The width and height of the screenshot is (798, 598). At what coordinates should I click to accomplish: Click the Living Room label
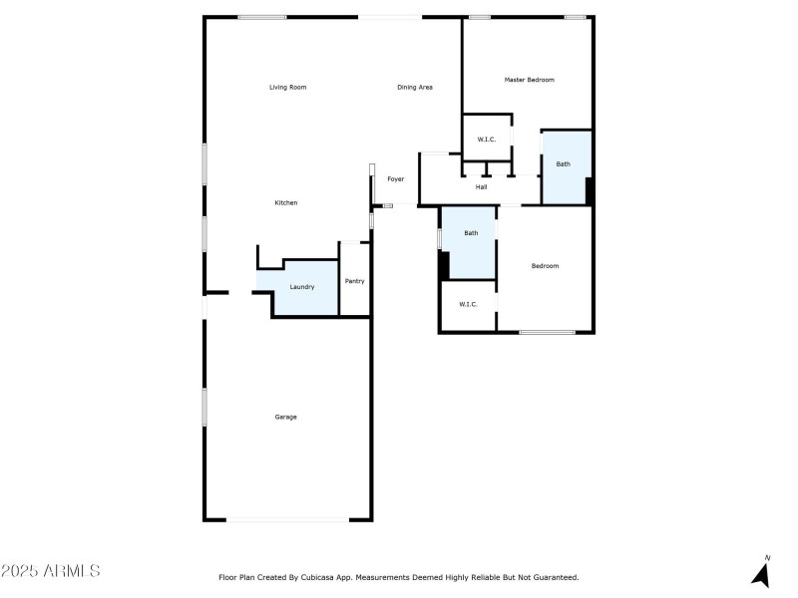coord(287,88)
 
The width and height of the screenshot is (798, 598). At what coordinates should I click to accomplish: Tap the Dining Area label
coord(415,88)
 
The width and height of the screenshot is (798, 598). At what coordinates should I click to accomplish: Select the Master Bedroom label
coord(529,80)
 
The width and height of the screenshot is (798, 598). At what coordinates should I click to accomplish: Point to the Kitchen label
coord(286,203)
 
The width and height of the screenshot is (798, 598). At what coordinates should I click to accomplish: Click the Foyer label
coord(396,179)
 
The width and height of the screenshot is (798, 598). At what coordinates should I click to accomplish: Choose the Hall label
coord(481,187)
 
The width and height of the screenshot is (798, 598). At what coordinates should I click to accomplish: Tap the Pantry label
coord(355,281)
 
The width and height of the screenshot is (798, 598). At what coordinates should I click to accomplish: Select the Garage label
coord(286,417)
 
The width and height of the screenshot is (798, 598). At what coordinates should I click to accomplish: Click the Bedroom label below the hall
coord(545,266)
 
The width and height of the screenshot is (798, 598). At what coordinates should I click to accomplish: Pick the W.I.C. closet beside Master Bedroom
coord(487,140)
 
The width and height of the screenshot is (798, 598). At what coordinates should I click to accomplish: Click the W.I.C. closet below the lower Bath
coord(469,305)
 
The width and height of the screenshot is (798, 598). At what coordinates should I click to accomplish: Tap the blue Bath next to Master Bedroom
coord(564,164)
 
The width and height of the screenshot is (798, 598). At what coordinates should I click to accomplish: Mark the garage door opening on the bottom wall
coord(287,519)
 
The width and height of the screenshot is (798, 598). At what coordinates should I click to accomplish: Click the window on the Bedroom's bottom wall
coord(547,332)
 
